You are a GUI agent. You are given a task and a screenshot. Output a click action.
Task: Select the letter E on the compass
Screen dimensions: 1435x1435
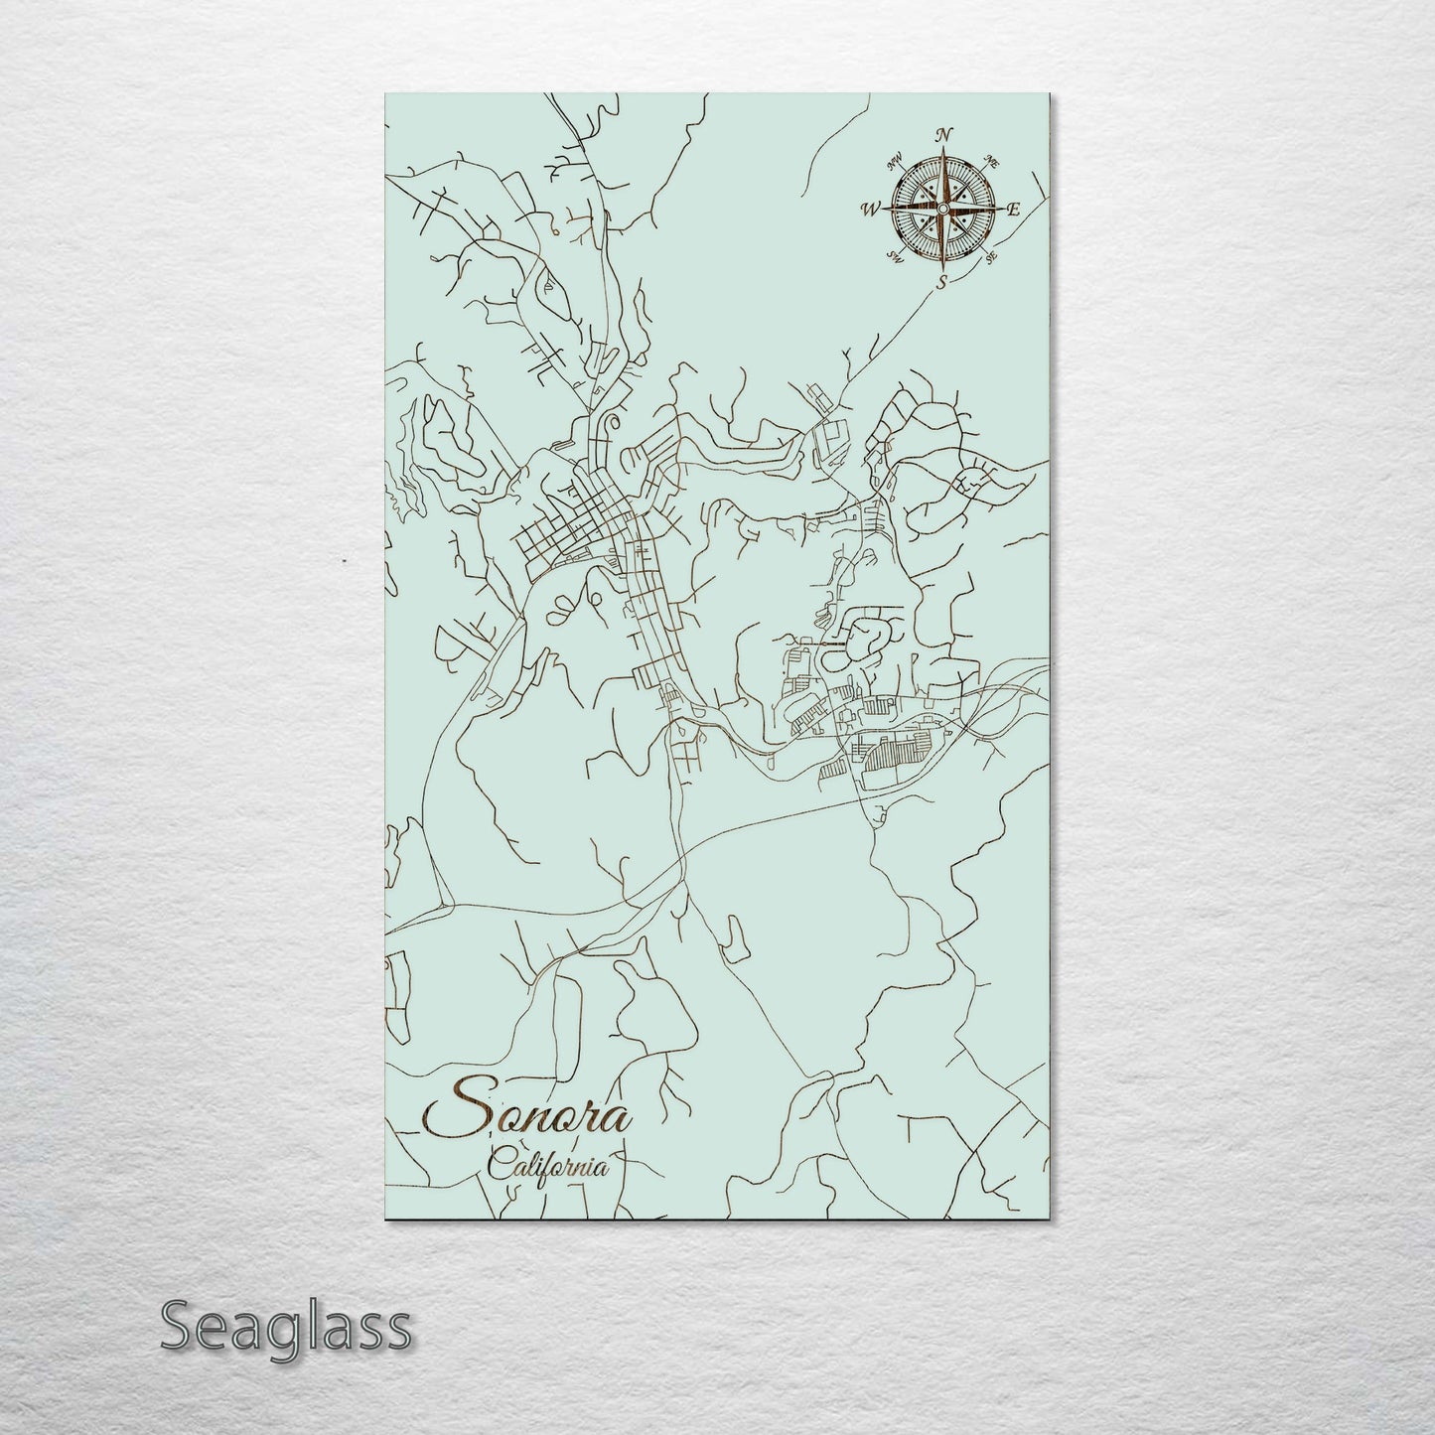coord(1014,210)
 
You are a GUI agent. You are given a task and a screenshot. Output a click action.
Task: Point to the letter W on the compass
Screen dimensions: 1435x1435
coord(871,209)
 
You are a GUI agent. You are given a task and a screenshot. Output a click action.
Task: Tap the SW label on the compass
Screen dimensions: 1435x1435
coord(894,257)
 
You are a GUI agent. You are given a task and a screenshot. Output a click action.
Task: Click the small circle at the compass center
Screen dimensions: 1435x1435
coord(941,208)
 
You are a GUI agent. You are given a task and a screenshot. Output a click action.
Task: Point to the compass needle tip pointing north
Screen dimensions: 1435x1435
coord(942,150)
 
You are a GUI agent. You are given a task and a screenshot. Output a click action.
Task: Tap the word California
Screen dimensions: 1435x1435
coord(548,1166)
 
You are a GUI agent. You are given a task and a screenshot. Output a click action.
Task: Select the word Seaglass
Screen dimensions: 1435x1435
coord(285,1327)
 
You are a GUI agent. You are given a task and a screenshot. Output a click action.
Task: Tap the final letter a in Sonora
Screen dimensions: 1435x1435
coord(618,1120)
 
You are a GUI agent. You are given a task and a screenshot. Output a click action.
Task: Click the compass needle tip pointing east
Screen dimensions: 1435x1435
coord(1000,209)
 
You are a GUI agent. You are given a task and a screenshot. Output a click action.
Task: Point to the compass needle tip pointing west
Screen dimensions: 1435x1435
coord(884,209)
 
